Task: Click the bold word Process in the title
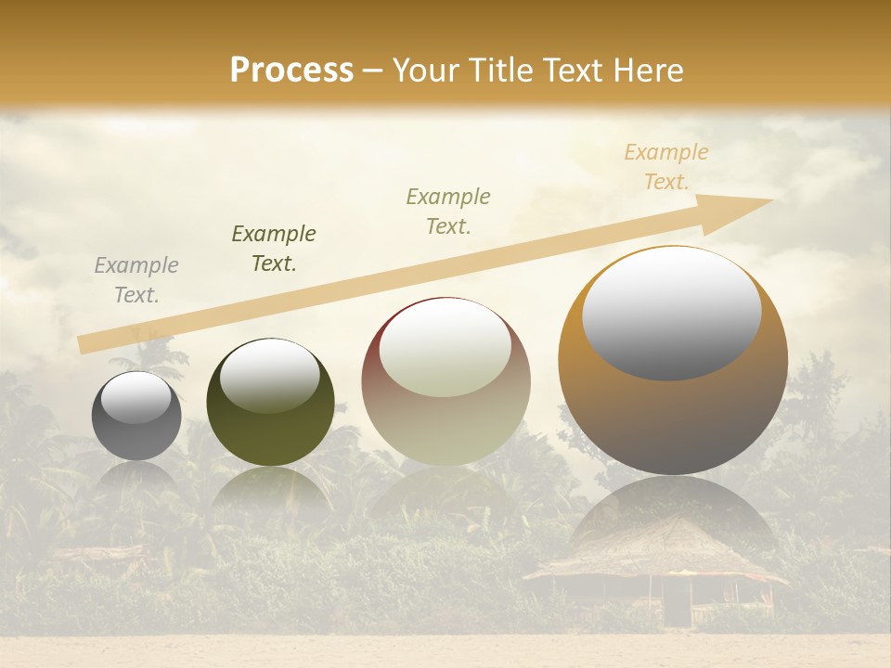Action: [x=291, y=71]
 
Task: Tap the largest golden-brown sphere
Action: [x=673, y=417]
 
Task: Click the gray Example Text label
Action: [x=136, y=280]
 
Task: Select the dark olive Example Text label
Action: [x=274, y=249]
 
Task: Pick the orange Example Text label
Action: [x=665, y=167]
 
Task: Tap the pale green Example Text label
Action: [x=448, y=212]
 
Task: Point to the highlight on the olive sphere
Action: [x=270, y=375]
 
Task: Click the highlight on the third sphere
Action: [x=445, y=349]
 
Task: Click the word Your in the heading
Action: [x=423, y=71]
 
